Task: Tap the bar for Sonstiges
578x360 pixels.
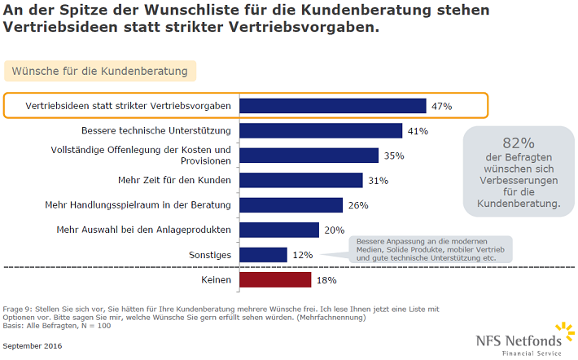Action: coord(265,255)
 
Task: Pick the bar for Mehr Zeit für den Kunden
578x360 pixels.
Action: coord(302,180)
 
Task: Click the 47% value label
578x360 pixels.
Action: coord(442,106)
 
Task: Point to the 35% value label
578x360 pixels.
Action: coord(394,156)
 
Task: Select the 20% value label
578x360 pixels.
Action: coord(335,230)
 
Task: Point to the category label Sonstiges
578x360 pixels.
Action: coord(209,255)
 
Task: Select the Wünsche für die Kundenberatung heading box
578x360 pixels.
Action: coord(99,72)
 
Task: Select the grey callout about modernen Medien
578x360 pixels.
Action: coord(431,248)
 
